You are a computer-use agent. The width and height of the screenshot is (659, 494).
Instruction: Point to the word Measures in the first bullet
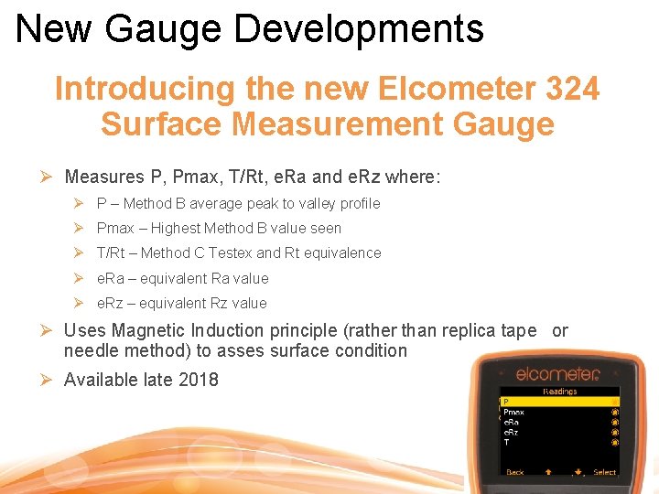103,177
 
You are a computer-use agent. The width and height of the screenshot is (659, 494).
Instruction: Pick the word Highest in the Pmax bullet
176,228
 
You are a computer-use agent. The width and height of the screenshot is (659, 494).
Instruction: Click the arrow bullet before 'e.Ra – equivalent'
79,278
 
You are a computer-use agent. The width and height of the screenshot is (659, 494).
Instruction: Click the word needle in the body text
91,350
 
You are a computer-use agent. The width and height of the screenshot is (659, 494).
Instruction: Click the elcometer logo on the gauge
556,373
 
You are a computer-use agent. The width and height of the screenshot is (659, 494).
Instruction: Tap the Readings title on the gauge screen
559,391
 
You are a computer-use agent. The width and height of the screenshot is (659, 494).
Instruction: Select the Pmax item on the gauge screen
513,412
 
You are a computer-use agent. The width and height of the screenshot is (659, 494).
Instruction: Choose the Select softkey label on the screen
604,472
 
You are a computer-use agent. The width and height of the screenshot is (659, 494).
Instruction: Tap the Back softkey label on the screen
515,472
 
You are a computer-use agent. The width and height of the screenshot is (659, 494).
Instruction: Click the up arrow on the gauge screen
548,472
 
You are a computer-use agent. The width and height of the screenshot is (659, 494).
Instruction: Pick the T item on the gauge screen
506,441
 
